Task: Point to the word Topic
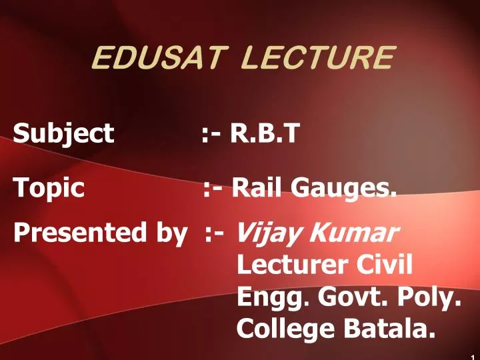(49, 190)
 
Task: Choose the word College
(281, 328)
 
